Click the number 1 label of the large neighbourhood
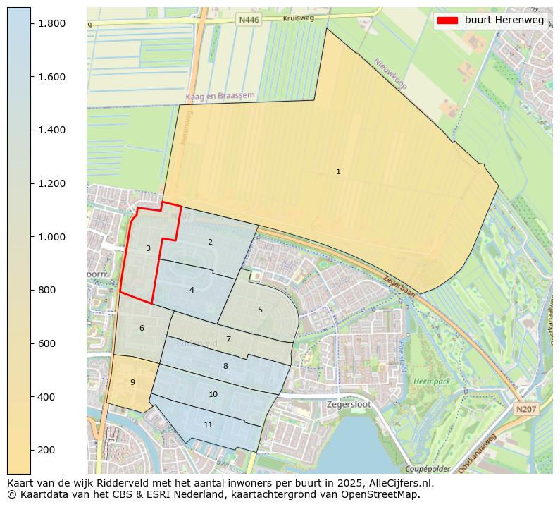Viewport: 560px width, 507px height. (338, 172)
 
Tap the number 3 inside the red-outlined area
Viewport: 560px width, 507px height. (148, 248)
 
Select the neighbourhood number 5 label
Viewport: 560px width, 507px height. (260, 310)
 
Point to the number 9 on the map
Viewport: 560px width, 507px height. (132, 382)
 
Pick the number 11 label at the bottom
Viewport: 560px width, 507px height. (208, 424)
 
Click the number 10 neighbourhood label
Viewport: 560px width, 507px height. (213, 394)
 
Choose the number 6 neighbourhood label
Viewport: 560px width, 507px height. (142, 328)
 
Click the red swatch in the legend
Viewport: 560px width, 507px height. (447, 20)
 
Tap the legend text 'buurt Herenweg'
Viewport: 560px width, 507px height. (504, 20)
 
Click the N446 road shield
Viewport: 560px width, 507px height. (249, 20)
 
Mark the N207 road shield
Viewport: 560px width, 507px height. (525, 409)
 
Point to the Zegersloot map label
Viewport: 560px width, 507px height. (349, 405)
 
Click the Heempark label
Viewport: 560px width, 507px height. (432, 381)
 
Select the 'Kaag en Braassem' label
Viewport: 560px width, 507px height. (220, 96)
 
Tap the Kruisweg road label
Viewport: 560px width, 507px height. (298, 18)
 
